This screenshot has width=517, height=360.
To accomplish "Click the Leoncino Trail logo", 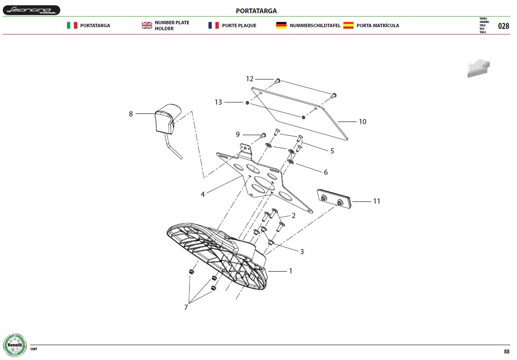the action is pyautogui.click(x=31, y=10).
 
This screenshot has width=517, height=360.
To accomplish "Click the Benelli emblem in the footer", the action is pyautogui.click(x=15, y=345).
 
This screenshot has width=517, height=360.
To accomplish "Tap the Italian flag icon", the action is pyautogui.click(x=72, y=26).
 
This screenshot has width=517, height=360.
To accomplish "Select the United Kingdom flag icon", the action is pyautogui.click(x=147, y=26).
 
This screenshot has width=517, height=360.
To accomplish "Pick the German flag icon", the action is pyautogui.click(x=281, y=26).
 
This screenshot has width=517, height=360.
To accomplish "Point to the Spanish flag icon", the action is pyautogui.click(x=348, y=26).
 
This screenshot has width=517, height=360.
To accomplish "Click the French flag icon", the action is pyautogui.click(x=213, y=26).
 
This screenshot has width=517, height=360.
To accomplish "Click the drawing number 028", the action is pyautogui.click(x=503, y=26).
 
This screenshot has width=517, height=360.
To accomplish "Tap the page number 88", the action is pyautogui.click(x=507, y=351).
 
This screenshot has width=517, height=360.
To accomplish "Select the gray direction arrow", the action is pyautogui.click(x=478, y=68).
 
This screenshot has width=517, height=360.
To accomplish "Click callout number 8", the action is pyautogui.click(x=131, y=114).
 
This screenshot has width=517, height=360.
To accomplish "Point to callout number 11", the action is pyautogui.click(x=377, y=201).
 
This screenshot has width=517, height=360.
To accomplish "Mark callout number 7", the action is pyautogui.click(x=186, y=307).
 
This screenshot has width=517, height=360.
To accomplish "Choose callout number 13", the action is pyautogui.click(x=218, y=102).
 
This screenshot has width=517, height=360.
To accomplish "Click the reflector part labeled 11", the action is pyautogui.click(x=334, y=199).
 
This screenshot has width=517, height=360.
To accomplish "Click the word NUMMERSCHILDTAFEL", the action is pyautogui.click(x=315, y=26).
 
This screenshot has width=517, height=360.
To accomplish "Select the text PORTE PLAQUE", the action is pyautogui.click(x=239, y=26).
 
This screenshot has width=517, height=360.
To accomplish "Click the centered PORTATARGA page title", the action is pyautogui.click(x=256, y=11).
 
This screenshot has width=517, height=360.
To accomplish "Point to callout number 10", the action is pyautogui.click(x=363, y=122).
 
